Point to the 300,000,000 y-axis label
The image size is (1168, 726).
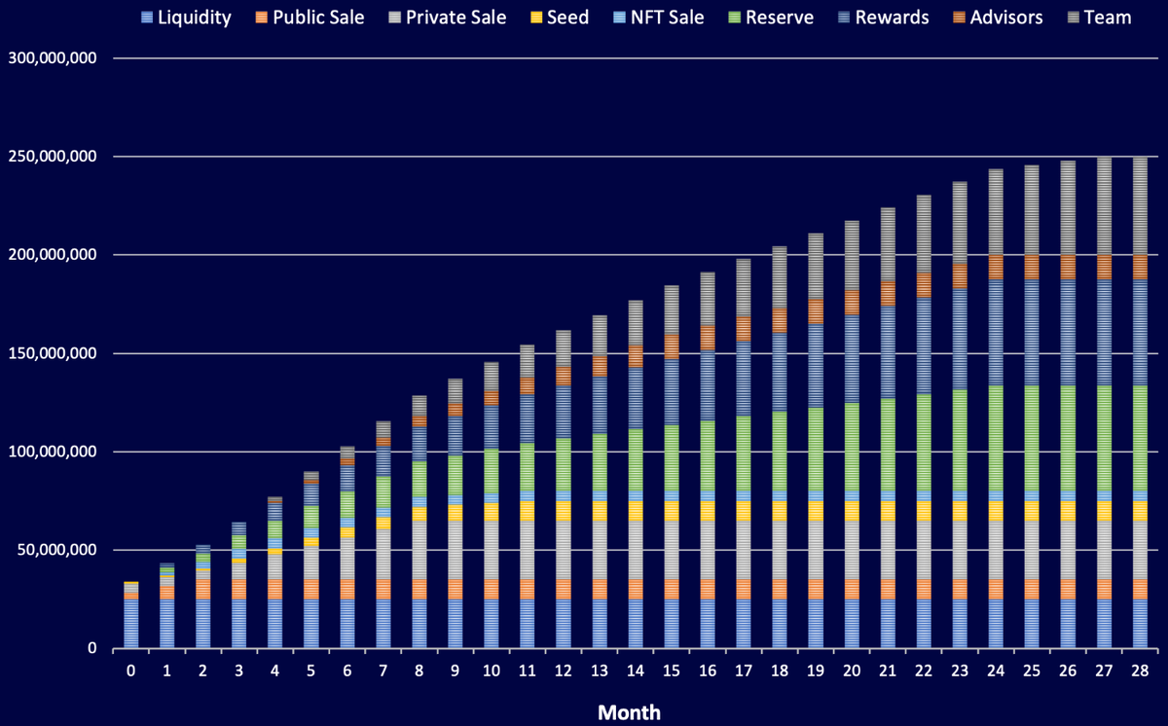52,58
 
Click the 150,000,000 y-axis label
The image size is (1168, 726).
52,353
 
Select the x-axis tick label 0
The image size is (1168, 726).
130,672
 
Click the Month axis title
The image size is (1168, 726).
629,712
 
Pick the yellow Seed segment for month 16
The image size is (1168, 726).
707,511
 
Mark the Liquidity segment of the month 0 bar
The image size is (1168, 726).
130,623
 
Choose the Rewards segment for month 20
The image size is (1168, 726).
851,360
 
